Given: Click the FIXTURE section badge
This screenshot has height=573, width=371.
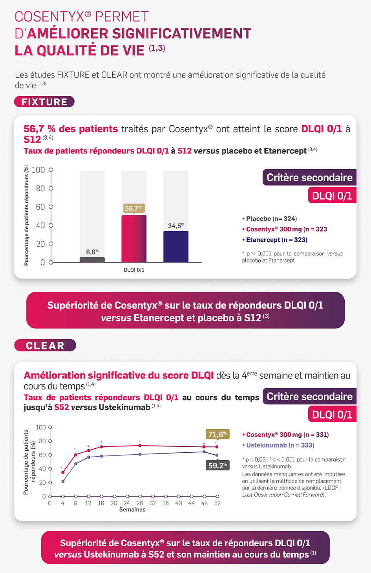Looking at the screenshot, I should tap(44, 102).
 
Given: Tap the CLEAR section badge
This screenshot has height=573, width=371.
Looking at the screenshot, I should tap(45, 345).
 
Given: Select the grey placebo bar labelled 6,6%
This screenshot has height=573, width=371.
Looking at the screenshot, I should tap(92, 259).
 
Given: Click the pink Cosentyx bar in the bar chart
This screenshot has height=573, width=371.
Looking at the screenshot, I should tap(134, 239).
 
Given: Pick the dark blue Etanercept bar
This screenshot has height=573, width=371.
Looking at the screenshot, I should tap(176, 246).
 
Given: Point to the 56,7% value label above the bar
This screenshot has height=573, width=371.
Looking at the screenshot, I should tap(134, 208).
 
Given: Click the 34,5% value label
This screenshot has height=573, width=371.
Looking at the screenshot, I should tap(176, 226).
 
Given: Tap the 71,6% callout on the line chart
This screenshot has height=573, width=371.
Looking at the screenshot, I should tap(217, 434).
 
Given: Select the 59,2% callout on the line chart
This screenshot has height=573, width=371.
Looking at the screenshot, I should tap(217, 465).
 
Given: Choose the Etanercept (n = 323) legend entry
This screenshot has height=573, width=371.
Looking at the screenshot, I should tap(276, 240).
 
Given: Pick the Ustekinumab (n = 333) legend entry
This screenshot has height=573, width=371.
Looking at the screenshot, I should tap(280, 445).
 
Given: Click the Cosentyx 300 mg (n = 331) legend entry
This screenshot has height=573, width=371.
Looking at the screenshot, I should tap(287, 435).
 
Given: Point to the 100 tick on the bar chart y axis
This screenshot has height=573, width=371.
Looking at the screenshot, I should tap(38, 170).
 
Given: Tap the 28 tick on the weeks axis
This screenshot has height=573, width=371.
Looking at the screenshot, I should tap(140, 503).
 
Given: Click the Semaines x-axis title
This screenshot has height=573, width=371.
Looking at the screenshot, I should tap(132, 510).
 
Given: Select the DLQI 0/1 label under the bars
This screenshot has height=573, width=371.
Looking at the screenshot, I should tap(134, 270).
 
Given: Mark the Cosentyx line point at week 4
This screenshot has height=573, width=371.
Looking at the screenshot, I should tap(63, 472).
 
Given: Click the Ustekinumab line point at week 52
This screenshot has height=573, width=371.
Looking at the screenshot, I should tap(217, 455).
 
